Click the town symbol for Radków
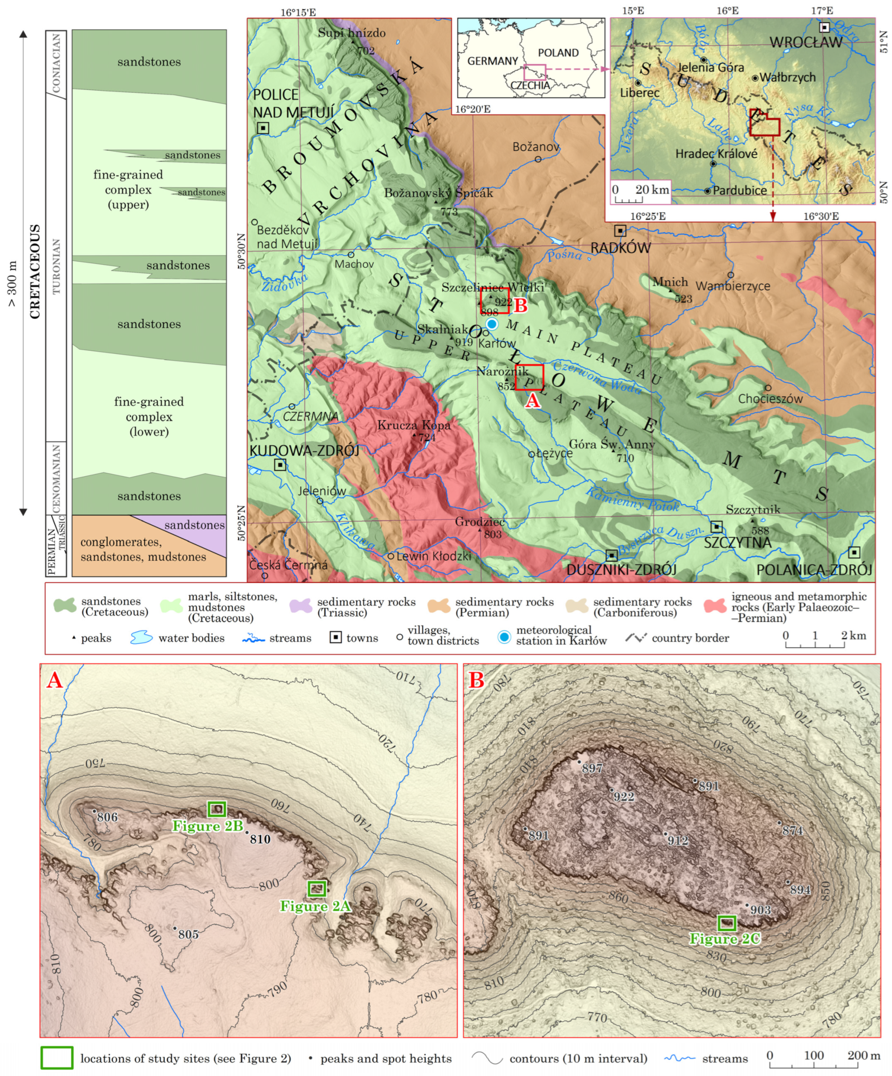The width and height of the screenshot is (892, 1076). pos(620,231)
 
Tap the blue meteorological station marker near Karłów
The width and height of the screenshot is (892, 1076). pos(492,324)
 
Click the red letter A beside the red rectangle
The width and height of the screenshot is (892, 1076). pos(532,400)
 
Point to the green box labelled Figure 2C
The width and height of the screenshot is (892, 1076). pos(727,923)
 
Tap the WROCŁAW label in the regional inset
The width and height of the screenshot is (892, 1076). pos(806,43)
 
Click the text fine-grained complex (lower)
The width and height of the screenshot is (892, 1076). pos(149,417)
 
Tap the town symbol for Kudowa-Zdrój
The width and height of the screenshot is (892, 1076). pos(280,465)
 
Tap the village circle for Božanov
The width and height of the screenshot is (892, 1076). pos(538,159)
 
